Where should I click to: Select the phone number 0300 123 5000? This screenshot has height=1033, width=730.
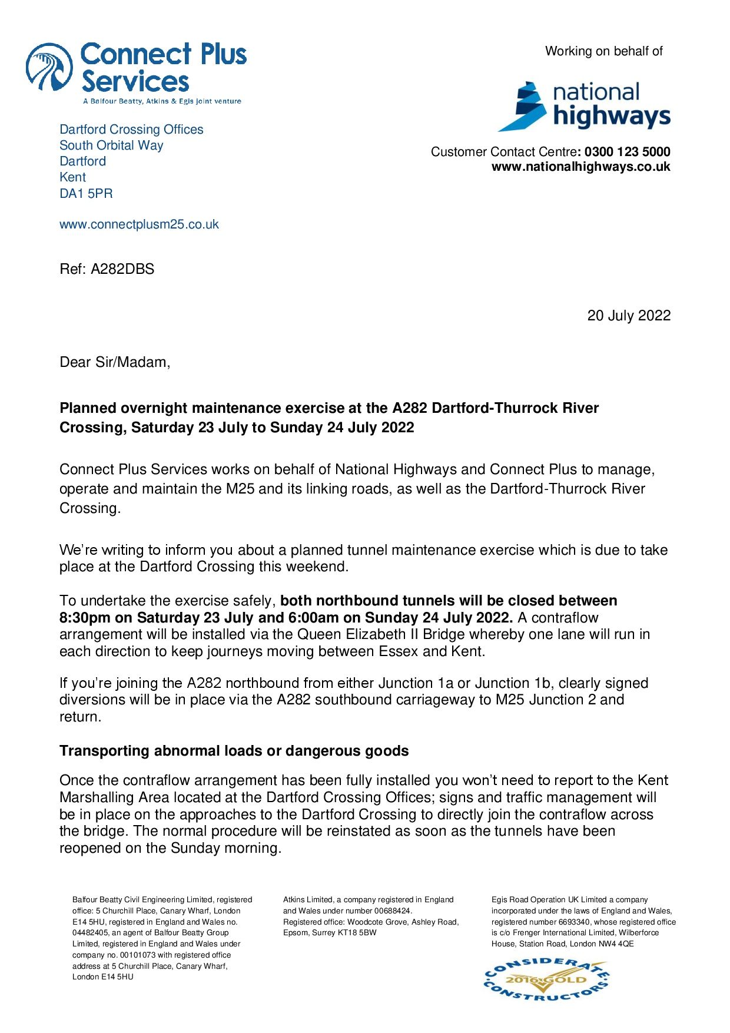coord(627,152)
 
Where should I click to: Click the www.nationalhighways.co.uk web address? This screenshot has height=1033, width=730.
coord(580,167)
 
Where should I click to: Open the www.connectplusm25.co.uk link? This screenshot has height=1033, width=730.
coord(139,224)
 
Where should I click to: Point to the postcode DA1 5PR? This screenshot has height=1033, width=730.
coord(86,193)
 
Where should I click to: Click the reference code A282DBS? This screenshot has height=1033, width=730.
coord(122,269)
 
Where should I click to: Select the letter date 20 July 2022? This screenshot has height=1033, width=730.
coord(628,316)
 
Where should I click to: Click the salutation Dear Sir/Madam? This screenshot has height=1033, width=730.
coord(115,362)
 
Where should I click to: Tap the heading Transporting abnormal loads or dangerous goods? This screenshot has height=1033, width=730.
coord(234,751)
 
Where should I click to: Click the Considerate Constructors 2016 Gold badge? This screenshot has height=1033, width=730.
coord(546,979)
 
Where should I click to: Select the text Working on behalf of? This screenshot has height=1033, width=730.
coord(603,51)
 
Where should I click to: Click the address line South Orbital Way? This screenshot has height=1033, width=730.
coord(111,145)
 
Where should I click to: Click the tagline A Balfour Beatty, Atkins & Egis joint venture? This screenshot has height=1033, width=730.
coord(162,101)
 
